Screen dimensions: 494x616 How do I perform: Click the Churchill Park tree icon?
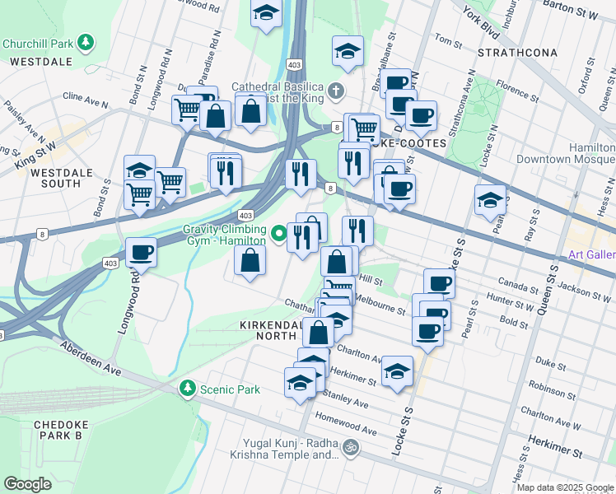86,43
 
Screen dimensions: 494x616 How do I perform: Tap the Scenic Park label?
230,389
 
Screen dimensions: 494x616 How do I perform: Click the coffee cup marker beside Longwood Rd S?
141,252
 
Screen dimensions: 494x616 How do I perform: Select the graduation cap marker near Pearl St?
490,200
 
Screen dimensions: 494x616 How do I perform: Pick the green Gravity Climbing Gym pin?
278,234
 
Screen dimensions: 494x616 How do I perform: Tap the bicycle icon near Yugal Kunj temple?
351,448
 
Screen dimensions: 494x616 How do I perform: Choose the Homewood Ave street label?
345,424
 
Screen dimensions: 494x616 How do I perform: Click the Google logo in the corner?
27,483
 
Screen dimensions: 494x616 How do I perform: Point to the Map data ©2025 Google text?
565,487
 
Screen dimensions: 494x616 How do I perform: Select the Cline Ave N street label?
86,103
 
